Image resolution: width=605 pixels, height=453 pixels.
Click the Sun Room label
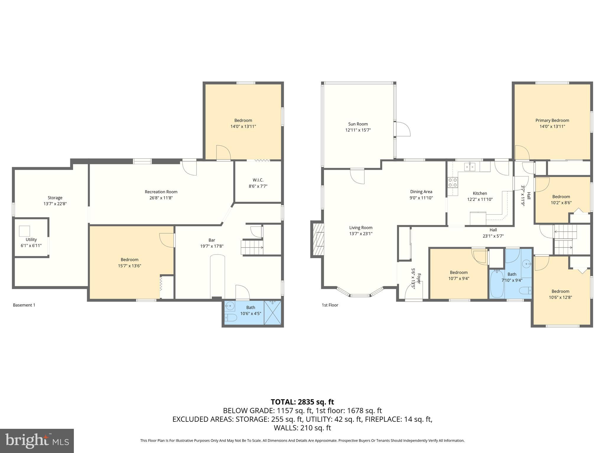click(358, 124)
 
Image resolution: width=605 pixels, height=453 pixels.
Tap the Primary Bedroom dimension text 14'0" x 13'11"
click(552, 127)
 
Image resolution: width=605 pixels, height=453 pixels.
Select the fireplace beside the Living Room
click(318, 239)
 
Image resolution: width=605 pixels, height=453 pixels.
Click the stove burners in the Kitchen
click(453, 182)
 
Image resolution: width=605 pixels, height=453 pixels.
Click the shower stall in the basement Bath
click(273, 313)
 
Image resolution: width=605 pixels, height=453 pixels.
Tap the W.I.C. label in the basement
click(258, 180)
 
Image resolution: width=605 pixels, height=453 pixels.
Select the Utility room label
click(31, 239)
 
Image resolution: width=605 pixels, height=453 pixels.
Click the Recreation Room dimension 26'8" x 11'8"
click(161, 198)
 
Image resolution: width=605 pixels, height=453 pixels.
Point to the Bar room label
click(212, 240)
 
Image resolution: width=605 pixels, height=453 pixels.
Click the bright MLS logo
click(37, 441)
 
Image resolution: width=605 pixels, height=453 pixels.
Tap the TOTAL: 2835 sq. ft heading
click(302, 402)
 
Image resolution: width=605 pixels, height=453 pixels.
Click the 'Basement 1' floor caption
click(24, 305)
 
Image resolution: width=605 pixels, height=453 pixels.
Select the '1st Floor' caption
click(330, 305)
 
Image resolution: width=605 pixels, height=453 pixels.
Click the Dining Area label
click(421, 192)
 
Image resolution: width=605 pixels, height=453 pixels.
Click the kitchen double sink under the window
click(470, 167)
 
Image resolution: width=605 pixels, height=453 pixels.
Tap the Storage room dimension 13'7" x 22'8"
click(55, 204)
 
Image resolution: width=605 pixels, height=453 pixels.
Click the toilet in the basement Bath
click(231, 318)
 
